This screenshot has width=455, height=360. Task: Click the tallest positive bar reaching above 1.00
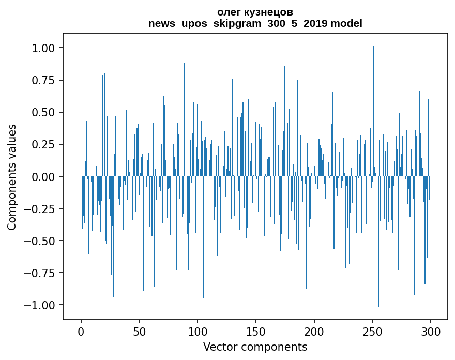click(374, 111)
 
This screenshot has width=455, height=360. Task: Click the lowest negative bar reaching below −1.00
click(378, 242)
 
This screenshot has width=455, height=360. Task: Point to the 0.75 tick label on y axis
click(43, 80)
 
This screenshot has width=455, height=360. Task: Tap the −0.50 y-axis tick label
click(39, 241)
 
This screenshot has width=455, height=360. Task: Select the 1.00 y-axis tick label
click(43, 48)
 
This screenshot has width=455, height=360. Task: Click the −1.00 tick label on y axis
click(39, 305)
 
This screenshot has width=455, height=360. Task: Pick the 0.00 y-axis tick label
click(43, 176)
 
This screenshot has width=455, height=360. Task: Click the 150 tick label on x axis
click(255, 332)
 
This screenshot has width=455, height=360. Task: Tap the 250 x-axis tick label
click(372, 332)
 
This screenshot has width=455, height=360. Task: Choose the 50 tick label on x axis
click(139, 332)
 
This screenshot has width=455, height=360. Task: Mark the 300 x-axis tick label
click(431, 332)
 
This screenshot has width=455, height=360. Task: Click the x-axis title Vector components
click(255, 347)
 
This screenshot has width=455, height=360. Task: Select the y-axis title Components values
click(11, 177)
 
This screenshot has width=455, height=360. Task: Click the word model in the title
click(346, 23)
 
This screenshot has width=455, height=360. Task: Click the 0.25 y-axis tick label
click(43, 144)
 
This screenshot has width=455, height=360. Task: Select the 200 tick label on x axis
click(314, 332)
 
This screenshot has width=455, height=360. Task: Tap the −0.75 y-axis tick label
click(39, 273)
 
